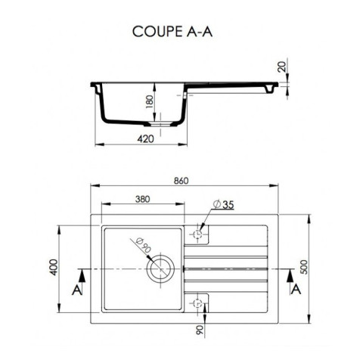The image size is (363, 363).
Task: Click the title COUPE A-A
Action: (181, 33)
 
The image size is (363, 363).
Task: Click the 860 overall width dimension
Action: (181, 180)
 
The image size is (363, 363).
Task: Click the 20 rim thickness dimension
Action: (281, 68)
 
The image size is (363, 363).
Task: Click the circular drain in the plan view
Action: (161, 267)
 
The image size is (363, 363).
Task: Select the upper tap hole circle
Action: (199, 234)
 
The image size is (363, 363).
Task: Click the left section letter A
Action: (76, 290)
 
